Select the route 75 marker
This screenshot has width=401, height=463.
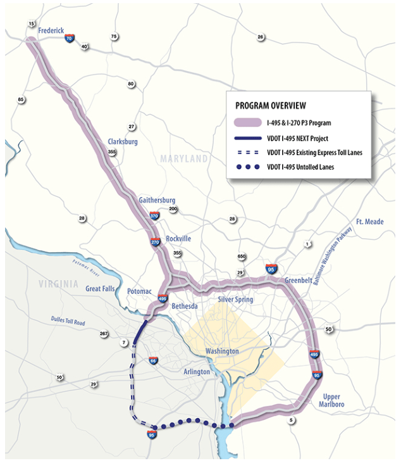[114, 36]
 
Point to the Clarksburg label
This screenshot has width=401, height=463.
[121, 142]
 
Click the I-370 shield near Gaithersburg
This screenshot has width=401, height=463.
[154, 215]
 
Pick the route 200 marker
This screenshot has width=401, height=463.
[173, 209]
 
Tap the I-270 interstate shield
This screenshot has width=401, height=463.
[156, 242]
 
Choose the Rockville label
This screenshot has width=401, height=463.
[178, 238]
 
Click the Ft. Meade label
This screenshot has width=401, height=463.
[369, 222]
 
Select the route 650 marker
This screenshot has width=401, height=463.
[242, 257]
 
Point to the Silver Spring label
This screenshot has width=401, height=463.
[235, 299]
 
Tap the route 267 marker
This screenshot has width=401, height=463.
[104, 334]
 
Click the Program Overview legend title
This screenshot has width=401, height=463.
[270, 105]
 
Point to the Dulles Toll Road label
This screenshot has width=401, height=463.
[68, 322]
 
